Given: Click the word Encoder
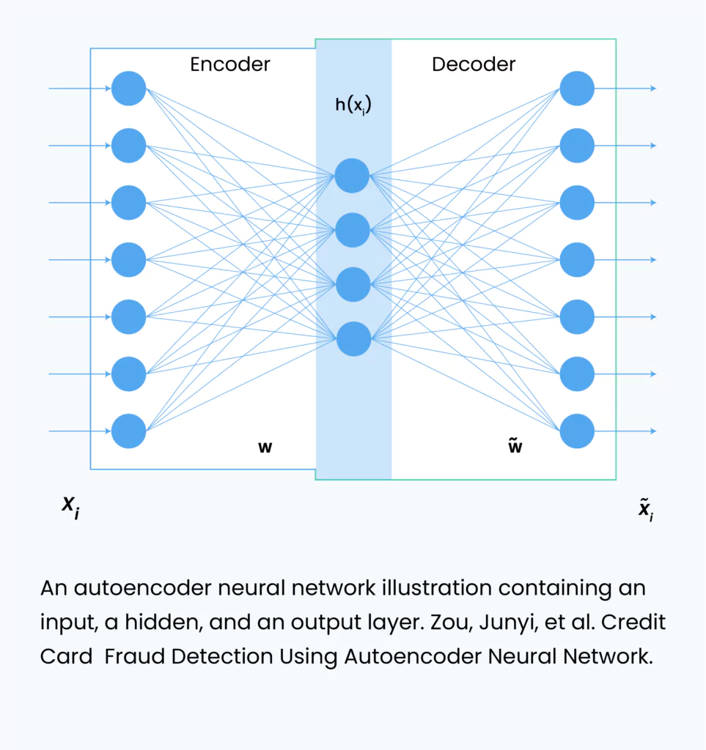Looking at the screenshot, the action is (229, 64).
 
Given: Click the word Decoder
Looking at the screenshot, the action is (474, 64).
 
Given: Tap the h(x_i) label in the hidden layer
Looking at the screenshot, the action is (353, 105).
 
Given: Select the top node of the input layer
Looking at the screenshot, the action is (129, 89).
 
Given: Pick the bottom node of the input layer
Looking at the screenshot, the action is (129, 431).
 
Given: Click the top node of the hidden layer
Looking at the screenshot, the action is (352, 176).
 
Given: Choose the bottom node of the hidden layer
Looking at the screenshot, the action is (353, 339).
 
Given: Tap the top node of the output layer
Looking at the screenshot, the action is (577, 89).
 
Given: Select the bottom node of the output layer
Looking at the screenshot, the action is (577, 431).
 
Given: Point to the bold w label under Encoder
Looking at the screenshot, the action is (265, 448).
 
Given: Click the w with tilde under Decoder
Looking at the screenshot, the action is (515, 445).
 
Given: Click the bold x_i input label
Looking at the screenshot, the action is (71, 508).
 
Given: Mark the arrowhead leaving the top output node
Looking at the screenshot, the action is (653, 89).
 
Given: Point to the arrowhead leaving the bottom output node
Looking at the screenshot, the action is (653, 431).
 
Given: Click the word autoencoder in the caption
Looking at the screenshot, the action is (142, 588).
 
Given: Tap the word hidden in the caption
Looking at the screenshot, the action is (160, 622).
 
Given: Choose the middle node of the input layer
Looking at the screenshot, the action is (129, 260).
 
